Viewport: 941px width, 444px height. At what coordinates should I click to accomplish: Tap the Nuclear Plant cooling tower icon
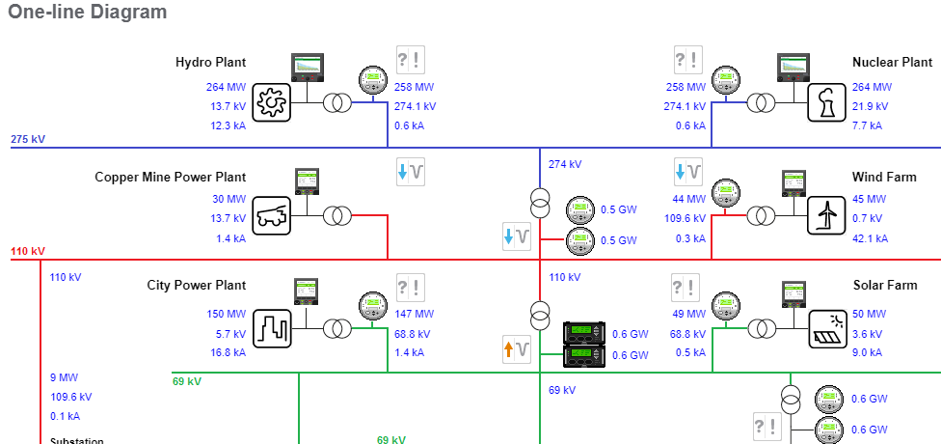[825, 100]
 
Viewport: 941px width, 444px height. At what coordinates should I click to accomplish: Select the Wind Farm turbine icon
[825, 215]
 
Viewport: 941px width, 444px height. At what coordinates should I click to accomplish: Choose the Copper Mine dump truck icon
[272, 215]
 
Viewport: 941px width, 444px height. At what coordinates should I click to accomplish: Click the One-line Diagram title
[88, 13]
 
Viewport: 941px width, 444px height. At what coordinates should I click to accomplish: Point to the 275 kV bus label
[28, 139]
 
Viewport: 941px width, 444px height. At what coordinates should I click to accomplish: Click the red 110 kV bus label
[28, 251]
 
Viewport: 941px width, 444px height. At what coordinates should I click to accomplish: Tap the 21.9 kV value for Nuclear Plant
[870, 106]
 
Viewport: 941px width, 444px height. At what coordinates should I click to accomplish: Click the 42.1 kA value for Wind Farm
[870, 238]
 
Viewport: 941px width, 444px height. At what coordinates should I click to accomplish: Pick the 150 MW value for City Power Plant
[227, 314]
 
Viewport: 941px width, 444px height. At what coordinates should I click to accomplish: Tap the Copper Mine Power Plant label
[170, 177]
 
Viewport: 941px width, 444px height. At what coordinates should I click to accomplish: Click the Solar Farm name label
[885, 286]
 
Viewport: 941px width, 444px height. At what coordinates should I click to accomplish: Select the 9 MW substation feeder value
[64, 377]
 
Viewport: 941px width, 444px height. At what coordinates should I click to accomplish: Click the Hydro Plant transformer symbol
[336, 101]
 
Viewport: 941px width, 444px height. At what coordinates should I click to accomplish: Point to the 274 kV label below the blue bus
[565, 164]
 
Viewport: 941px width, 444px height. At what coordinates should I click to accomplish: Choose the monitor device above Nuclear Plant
[797, 67]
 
